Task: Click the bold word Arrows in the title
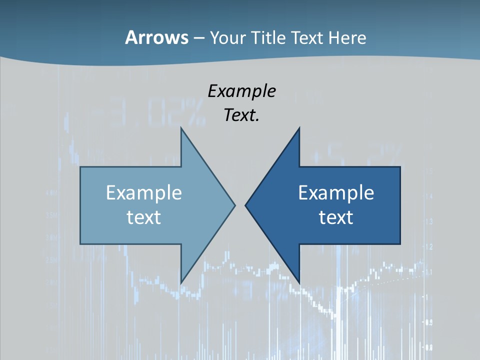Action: tap(156, 37)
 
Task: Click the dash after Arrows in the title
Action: tap(198, 38)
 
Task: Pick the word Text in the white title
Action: tap(308, 37)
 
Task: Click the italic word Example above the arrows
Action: tap(241, 91)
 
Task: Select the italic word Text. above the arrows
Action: tap(241, 115)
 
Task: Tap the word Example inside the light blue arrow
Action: tap(144, 192)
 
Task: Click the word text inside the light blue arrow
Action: tap(144, 217)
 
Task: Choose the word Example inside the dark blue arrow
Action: tap(336, 192)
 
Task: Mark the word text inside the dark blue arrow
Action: tap(336, 217)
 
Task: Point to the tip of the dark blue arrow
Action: tap(246, 204)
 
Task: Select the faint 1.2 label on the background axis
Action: tap(428, 246)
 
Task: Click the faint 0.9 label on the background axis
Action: tap(428, 322)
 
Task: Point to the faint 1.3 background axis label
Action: tap(428, 221)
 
